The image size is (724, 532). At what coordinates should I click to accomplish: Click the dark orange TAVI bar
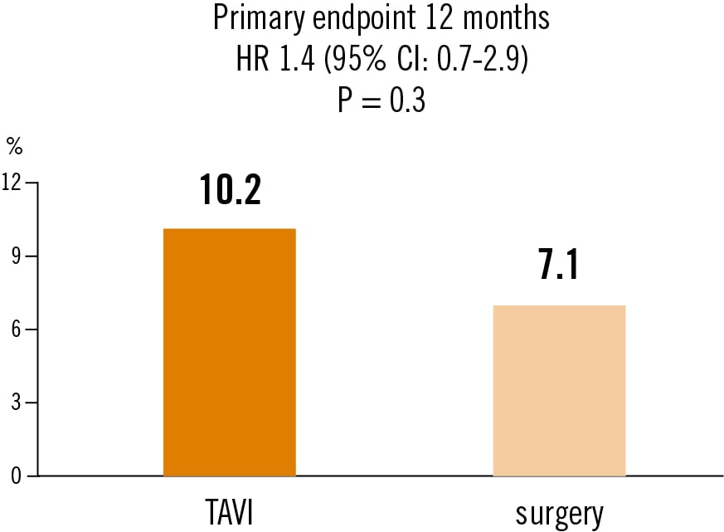(229, 352)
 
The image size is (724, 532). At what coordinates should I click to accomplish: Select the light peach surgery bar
(559, 390)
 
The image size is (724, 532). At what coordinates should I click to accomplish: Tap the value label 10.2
(230, 191)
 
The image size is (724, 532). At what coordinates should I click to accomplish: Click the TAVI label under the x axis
(229, 514)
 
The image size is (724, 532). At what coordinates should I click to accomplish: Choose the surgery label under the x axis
(559, 515)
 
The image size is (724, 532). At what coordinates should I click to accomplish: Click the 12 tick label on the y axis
(12, 183)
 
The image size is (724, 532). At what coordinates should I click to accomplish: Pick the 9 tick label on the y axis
(17, 256)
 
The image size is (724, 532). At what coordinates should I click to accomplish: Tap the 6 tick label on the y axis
(17, 329)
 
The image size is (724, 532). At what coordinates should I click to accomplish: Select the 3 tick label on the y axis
(17, 403)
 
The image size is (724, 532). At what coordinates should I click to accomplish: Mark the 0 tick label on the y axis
(17, 476)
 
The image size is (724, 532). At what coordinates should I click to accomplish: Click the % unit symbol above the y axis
(14, 147)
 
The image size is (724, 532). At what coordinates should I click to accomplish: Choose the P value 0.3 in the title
(406, 102)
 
